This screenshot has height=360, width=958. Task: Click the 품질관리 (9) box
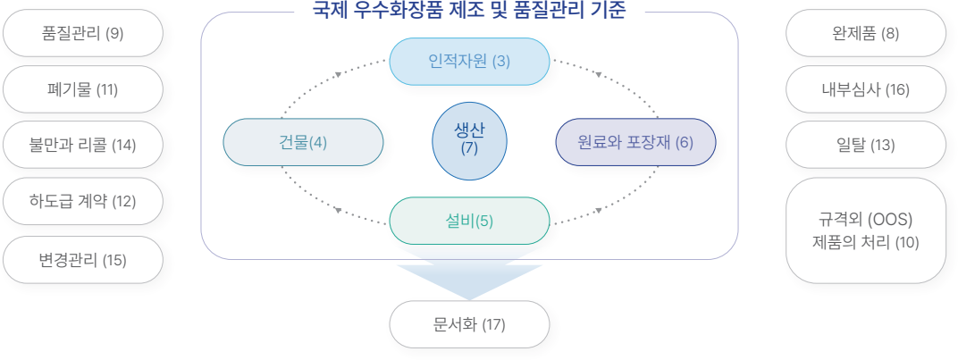pos(83,33)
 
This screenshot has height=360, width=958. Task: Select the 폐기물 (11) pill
pos(83,89)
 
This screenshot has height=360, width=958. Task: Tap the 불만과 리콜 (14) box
pos(83,145)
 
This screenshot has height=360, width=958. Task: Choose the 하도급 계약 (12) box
pos(83,201)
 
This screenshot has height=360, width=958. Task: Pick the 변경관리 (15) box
pos(83,260)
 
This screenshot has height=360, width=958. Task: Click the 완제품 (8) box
pos(865,33)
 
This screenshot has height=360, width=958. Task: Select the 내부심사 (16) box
pos(865,89)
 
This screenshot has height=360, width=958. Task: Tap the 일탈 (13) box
pos(865,145)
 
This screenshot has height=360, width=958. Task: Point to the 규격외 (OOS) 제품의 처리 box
pos(865,230)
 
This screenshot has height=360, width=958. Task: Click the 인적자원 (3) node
pos(469,62)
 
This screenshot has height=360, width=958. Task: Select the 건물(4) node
pos(303,142)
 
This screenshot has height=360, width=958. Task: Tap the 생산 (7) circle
pos(469,141)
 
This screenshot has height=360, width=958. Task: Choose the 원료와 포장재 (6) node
pos(635,142)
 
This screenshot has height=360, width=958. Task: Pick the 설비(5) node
pos(469,221)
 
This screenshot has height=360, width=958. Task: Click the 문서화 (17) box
pos(469,324)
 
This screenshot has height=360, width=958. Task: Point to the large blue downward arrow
pos(469,278)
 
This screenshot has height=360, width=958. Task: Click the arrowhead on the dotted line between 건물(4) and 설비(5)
pos(339,211)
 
